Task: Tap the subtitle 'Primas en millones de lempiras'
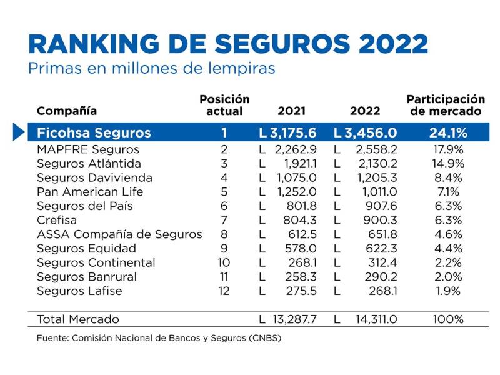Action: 151,68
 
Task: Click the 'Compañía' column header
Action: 67,111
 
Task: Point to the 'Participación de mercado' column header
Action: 446,105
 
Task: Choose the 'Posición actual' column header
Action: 224,105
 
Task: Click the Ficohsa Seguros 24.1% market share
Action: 447,133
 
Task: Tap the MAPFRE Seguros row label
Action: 88,149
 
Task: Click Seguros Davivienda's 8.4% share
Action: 447,177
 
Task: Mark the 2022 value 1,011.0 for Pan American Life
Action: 377,192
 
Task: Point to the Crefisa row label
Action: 58,220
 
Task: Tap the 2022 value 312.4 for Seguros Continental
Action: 381,262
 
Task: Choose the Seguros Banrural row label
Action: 87,277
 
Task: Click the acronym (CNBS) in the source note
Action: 265,339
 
